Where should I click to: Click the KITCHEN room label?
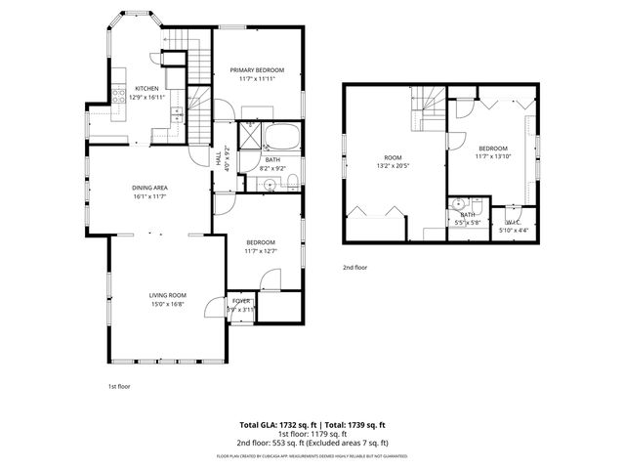pyautogui.click(x=146, y=88)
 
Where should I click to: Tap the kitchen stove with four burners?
pyautogui.click(x=119, y=96)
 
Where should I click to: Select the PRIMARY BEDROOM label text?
pyautogui.click(x=257, y=70)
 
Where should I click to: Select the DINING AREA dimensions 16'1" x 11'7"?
pyautogui.click(x=150, y=196)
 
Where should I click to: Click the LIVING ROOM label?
pyautogui.click(x=167, y=295)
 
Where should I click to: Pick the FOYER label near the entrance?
pyautogui.click(x=241, y=301)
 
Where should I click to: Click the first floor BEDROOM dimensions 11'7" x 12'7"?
pyautogui.click(x=261, y=251)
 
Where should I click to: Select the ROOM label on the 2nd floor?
pyautogui.click(x=393, y=157)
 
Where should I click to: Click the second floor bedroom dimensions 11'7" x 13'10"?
pyautogui.click(x=493, y=155)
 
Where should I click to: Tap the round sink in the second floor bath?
pyautogui.click(x=460, y=205)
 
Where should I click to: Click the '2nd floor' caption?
pyautogui.click(x=354, y=267)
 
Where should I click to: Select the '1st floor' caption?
pyautogui.click(x=119, y=386)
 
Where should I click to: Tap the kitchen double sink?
pyautogui.click(x=177, y=116)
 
